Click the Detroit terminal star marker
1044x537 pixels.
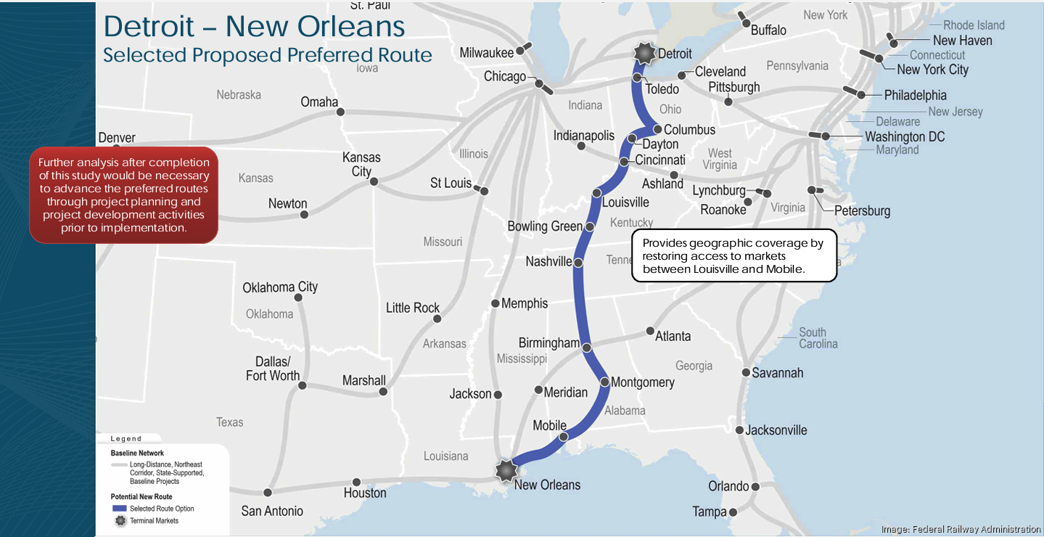point(644,53)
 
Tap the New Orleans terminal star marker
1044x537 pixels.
point(505,470)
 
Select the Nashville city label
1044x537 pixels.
point(548,261)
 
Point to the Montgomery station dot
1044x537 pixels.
point(604,382)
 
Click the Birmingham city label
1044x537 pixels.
point(548,343)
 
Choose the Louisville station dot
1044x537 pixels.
point(596,193)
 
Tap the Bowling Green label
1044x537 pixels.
point(544,226)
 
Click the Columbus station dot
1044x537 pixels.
point(657,130)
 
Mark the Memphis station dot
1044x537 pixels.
point(496,303)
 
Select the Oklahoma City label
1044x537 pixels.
point(280,287)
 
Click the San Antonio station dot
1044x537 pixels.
point(268,492)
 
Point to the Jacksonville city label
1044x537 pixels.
point(776,430)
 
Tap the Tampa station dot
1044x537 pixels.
point(733,512)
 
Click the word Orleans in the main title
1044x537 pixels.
point(352,26)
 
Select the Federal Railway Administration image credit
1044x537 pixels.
point(961,529)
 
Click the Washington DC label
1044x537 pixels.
point(905,136)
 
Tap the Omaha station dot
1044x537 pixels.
point(340,112)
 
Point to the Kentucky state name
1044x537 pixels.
point(631,222)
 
